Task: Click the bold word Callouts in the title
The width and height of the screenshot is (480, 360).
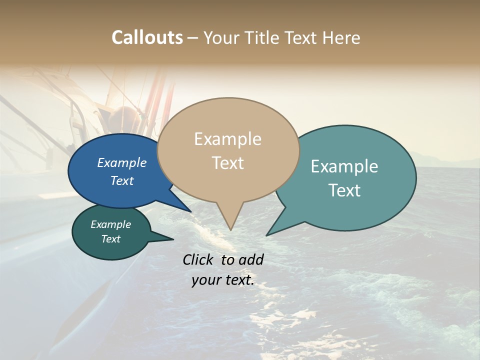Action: point(147,37)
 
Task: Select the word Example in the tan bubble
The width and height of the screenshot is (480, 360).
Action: point(227,139)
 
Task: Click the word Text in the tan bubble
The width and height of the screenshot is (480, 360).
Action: point(227,163)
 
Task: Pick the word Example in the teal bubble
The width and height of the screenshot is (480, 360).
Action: point(344,166)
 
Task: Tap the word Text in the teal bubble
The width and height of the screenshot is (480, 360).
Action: point(344,190)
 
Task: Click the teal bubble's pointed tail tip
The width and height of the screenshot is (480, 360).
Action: point(267,235)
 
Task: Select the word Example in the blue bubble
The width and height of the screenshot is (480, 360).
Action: point(122,162)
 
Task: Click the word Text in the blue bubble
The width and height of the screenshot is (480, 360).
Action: point(122,180)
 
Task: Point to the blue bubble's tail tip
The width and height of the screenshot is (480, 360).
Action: point(190,211)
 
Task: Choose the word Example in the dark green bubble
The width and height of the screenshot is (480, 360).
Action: point(111,224)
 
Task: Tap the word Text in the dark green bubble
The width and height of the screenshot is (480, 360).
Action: point(111,239)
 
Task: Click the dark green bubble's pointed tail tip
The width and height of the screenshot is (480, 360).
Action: point(173,239)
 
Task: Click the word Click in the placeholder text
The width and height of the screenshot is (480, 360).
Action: point(198,259)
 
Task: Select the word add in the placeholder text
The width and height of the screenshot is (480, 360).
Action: point(251,259)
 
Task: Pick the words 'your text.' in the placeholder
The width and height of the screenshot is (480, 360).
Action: point(223,280)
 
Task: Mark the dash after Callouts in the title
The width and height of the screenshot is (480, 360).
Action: point(193,38)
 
